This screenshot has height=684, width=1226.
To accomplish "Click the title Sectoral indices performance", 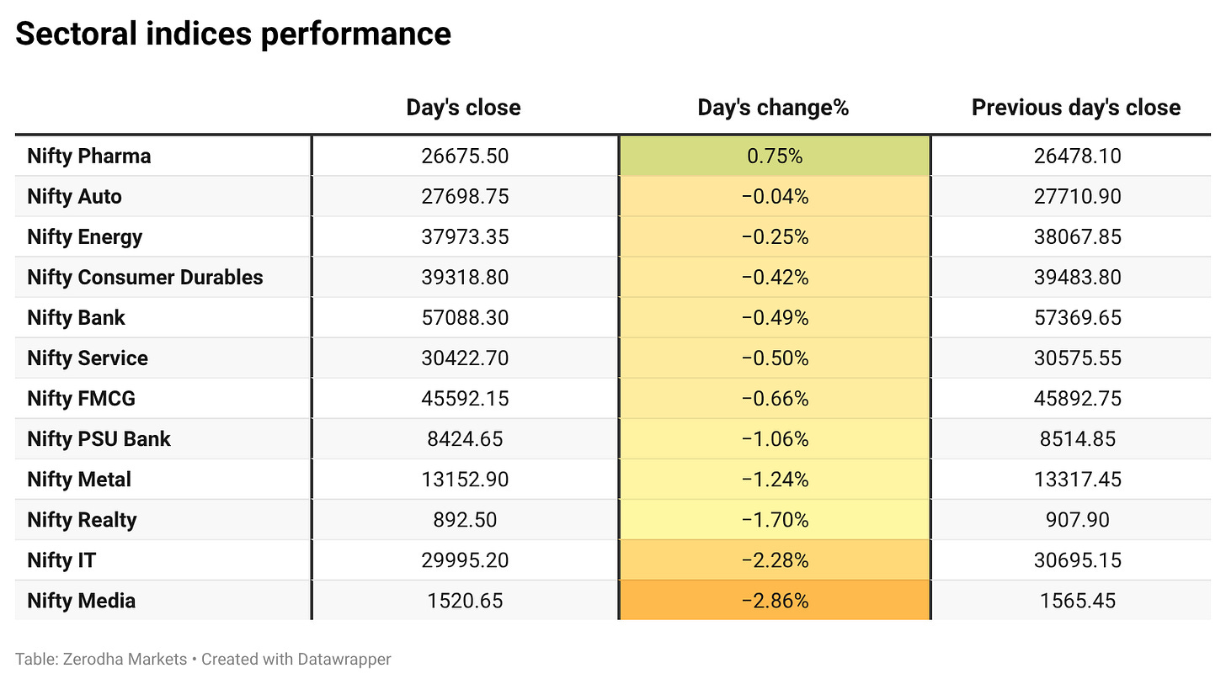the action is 233,34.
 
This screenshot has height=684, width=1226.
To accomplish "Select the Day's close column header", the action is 464,107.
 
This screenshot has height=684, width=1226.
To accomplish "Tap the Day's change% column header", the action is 773,107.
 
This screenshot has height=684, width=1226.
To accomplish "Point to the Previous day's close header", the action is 1076,107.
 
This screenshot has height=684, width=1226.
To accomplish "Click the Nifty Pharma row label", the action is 89,156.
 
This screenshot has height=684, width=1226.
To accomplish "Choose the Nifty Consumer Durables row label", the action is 145,278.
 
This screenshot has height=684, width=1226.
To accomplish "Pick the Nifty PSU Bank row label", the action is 99,439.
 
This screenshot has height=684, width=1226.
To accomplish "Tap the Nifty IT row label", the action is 61,560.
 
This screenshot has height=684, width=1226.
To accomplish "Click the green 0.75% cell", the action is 775,156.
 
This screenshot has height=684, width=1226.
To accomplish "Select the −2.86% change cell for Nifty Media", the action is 775,601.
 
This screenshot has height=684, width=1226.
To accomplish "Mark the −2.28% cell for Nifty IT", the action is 775,560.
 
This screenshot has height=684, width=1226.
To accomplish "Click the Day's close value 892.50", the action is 465,520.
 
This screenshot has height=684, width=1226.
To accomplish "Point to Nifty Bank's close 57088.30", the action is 465,318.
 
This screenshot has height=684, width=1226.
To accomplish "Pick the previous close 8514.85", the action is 1077,439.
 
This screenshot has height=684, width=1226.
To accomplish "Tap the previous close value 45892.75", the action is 1077,399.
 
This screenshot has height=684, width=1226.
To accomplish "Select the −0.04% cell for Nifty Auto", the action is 775,197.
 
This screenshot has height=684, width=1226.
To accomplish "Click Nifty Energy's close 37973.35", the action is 465,236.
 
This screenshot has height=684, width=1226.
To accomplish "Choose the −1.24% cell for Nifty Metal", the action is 775,480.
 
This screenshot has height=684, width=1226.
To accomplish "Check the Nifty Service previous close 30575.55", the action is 1077,358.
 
